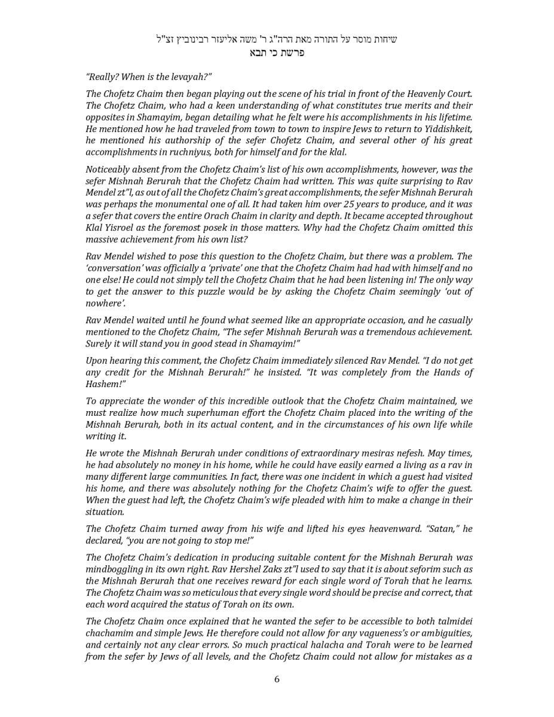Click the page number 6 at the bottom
(x=277, y=679)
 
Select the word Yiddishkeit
(x=445, y=129)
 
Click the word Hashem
(x=102, y=384)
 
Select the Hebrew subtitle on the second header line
(x=277, y=53)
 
